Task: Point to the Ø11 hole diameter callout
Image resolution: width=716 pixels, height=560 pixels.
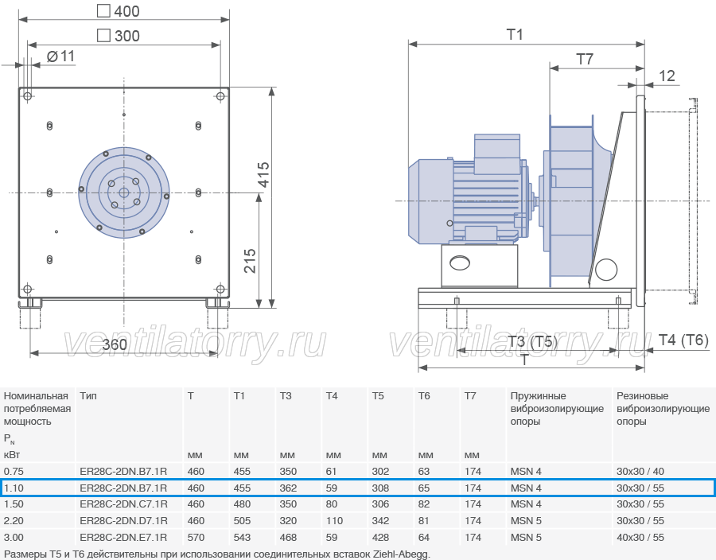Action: (x=60, y=56)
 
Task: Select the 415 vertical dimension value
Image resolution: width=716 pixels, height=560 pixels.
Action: (x=264, y=174)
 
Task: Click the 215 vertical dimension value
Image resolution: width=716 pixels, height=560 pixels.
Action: (x=251, y=261)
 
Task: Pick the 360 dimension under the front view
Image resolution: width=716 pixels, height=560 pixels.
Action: (x=114, y=344)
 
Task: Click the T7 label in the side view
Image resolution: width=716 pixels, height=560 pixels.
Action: (x=585, y=59)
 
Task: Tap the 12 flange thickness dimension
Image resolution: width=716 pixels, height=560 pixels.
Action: (x=667, y=76)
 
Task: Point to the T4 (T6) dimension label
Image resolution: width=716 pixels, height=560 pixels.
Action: (x=683, y=340)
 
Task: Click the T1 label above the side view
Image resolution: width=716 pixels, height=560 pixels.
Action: (x=515, y=34)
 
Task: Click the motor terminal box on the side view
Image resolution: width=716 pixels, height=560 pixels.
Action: (x=496, y=154)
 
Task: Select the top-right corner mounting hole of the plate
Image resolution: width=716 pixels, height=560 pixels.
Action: (x=220, y=95)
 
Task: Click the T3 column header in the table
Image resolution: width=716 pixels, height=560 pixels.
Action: (x=286, y=395)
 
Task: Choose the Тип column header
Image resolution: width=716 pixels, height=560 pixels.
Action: (x=88, y=395)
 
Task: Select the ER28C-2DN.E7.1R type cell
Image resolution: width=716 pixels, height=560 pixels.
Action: (x=123, y=537)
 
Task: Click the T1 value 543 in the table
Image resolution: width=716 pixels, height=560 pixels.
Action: (x=242, y=537)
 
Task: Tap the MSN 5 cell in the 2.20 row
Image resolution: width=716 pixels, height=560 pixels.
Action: (x=526, y=521)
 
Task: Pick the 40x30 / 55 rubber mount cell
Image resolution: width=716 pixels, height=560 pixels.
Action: (x=640, y=537)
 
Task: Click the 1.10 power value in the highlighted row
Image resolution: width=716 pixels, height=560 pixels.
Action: (x=14, y=488)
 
